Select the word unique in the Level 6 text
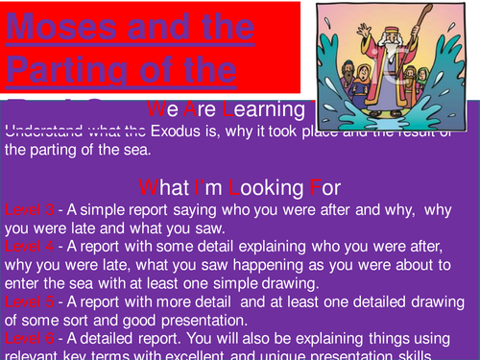tap(288, 355)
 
